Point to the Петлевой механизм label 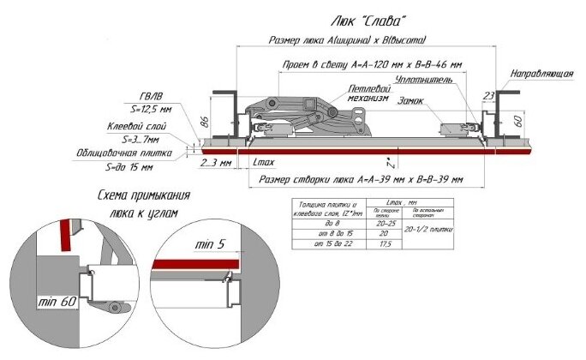tap(368, 93)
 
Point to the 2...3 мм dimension tap(213, 161)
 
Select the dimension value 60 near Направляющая tap(518, 118)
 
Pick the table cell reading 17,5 tap(386, 244)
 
